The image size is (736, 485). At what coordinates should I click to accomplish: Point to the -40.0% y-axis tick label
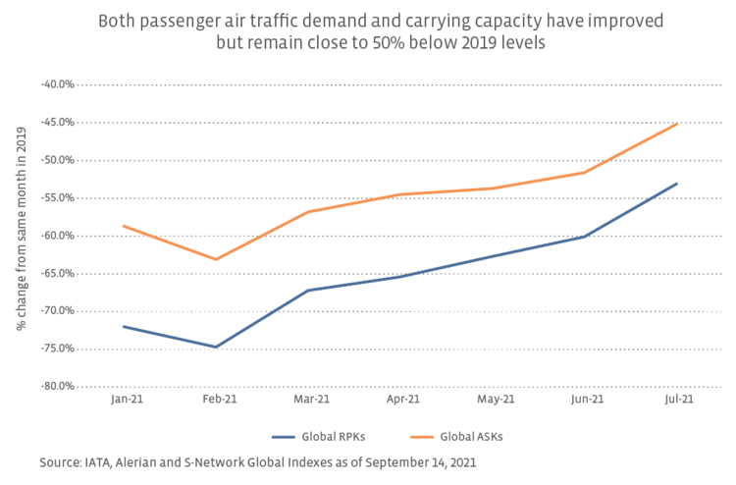point(58,84)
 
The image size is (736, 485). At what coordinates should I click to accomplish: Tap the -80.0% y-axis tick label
point(58,386)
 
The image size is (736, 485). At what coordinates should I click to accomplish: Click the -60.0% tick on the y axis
point(58,236)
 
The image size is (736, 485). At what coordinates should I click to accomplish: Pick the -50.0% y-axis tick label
point(58,160)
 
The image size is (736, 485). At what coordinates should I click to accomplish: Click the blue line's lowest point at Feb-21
point(216,347)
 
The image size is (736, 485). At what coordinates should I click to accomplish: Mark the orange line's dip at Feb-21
point(216,259)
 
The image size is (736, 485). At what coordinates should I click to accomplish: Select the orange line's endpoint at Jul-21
point(677,124)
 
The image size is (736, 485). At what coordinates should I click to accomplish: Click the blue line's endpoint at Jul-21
point(677,184)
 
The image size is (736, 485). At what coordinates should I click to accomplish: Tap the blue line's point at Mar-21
point(308,290)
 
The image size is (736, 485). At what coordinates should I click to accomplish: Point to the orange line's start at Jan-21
point(124,226)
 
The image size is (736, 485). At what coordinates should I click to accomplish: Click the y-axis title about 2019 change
point(21,235)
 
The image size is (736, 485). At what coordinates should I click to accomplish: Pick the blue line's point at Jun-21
point(585,237)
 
